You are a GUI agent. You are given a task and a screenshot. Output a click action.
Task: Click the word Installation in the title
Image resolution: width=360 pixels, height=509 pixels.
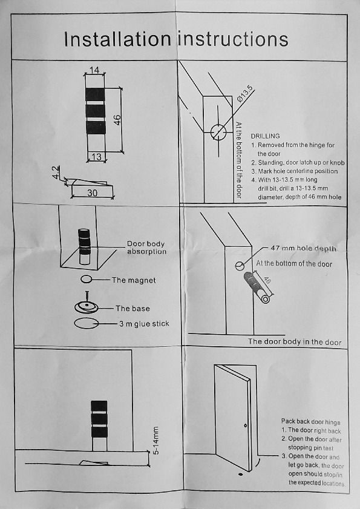117,39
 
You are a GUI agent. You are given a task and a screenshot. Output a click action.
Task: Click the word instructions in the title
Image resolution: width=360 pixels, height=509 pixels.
233,39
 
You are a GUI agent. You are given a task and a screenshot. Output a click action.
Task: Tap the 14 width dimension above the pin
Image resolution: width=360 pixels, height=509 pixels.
94,70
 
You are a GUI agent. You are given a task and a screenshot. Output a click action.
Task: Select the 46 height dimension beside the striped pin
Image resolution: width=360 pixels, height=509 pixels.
119,119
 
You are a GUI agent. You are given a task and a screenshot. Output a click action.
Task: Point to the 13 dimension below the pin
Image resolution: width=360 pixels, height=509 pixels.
96,157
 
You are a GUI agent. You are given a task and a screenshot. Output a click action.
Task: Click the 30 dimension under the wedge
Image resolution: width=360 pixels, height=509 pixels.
92,194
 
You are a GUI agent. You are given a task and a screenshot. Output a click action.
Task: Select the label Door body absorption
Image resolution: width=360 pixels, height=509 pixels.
146,248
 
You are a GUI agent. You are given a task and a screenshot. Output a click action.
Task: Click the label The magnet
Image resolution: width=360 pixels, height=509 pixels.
134,280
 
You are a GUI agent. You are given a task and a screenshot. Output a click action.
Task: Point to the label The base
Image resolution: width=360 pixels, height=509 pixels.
133,309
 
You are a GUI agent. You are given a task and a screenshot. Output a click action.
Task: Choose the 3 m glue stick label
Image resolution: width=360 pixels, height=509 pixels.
143,324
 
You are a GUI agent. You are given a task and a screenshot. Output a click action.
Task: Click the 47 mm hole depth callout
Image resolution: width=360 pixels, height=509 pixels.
303,249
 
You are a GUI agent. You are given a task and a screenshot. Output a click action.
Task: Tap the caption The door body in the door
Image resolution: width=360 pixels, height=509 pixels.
295,342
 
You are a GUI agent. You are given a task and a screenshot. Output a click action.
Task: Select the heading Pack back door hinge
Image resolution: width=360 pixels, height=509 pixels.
310,422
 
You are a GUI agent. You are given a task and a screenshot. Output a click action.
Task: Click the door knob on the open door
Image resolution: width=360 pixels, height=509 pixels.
246,426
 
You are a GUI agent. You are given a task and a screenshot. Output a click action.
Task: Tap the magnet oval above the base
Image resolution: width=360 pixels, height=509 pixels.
86,280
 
